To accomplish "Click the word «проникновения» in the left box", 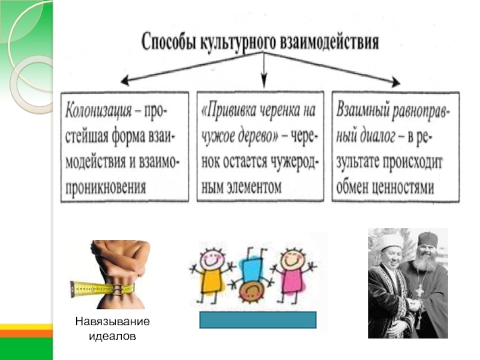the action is click(x=107, y=187).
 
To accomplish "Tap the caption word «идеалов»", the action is click(x=112, y=336).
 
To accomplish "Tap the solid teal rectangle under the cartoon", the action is click(x=257, y=320).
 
